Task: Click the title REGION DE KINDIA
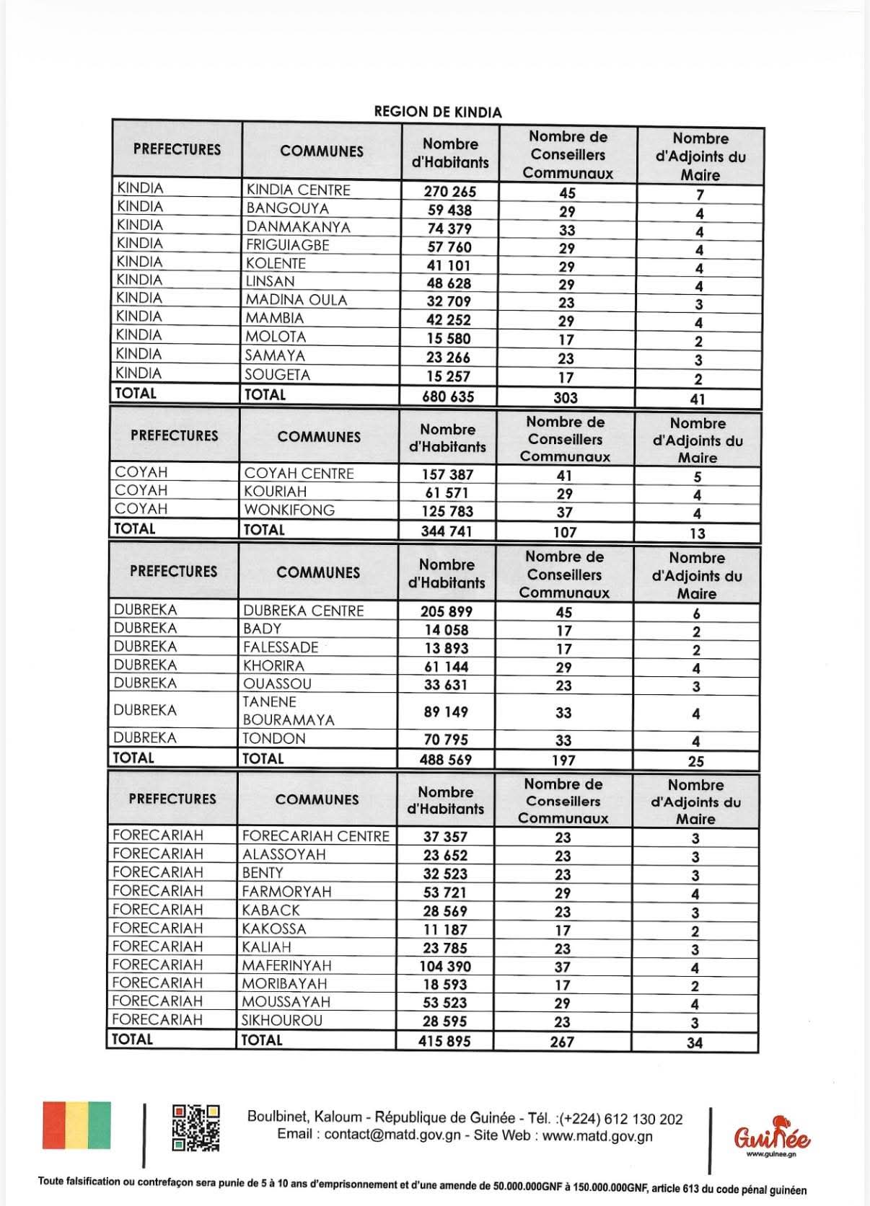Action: pyautogui.click(x=437, y=112)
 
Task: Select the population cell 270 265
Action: pyautogui.click(x=450, y=192)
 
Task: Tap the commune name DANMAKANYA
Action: pyautogui.click(x=298, y=227)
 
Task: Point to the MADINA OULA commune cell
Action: pyautogui.click(x=296, y=300)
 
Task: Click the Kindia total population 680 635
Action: pyautogui.click(x=449, y=396)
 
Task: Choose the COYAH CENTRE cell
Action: pyautogui.click(x=299, y=474)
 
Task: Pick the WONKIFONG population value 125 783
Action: pyautogui.click(x=447, y=511)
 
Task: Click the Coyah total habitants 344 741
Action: pyautogui.click(x=447, y=531)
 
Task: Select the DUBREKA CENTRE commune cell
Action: pyautogui.click(x=303, y=611)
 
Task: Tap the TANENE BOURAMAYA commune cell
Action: pyautogui.click(x=289, y=711)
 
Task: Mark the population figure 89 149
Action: pyautogui.click(x=446, y=712)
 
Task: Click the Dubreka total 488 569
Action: pyautogui.click(x=446, y=760)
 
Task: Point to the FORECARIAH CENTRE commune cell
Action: pyautogui.click(x=315, y=836)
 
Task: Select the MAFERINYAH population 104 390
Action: pyautogui.click(x=445, y=967)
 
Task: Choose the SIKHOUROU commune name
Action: pyautogui.click(x=282, y=1021)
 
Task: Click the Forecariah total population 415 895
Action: pyautogui.click(x=444, y=1041)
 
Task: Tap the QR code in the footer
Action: pyautogui.click(x=195, y=1127)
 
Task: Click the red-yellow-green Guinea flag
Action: pyautogui.click(x=76, y=1125)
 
